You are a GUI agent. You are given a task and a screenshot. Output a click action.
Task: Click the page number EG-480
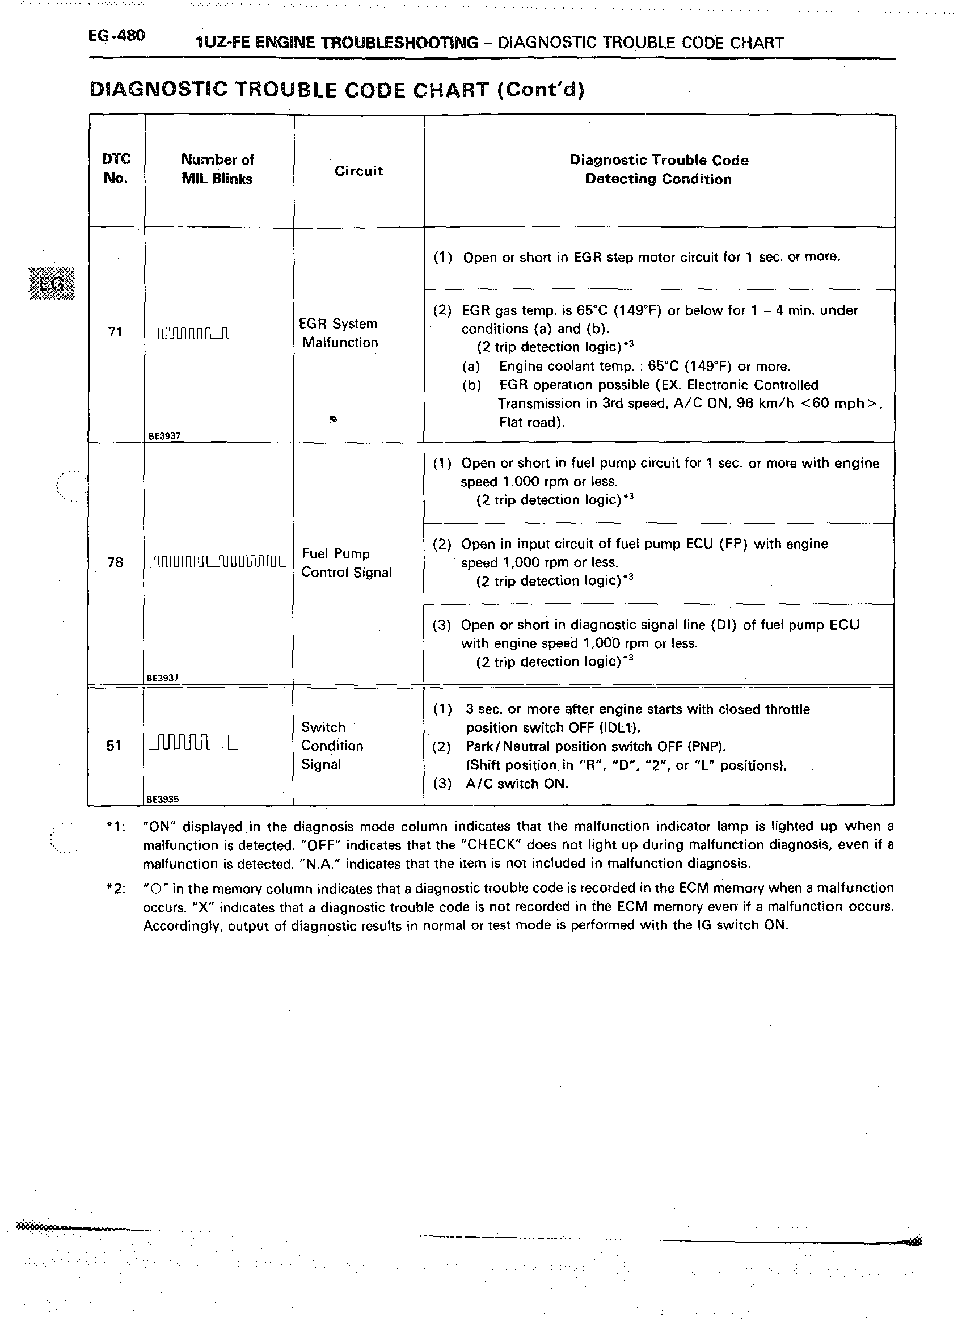[x=116, y=36]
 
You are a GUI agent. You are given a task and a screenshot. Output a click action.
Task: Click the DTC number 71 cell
[x=115, y=332]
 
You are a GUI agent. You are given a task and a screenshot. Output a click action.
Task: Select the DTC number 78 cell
[x=115, y=562]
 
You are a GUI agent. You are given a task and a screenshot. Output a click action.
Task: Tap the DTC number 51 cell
[x=114, y=746]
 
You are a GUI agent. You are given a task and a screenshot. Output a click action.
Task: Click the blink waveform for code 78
[x=219, y=561]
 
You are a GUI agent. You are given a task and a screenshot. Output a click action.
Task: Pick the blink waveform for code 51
[x=194, y=743]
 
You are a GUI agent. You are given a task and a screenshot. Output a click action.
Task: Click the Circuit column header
[x=358, y=171]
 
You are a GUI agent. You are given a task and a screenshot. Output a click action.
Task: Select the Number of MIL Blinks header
[x=217, y=169]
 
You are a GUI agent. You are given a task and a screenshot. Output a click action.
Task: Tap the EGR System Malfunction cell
[x=339, y=333]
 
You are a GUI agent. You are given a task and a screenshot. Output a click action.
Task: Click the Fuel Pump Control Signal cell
[x=346, y=563]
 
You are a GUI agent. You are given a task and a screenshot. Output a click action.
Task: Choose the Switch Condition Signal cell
[x=332, y=746]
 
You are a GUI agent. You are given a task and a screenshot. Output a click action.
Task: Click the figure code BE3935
[x=163, y=800]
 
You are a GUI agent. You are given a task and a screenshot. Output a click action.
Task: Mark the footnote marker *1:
[x=115, y=827]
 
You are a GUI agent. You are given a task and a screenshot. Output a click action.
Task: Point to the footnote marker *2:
[x=115, y=889]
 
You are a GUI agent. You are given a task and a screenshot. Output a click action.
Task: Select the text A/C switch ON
[x=517, y=784]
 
